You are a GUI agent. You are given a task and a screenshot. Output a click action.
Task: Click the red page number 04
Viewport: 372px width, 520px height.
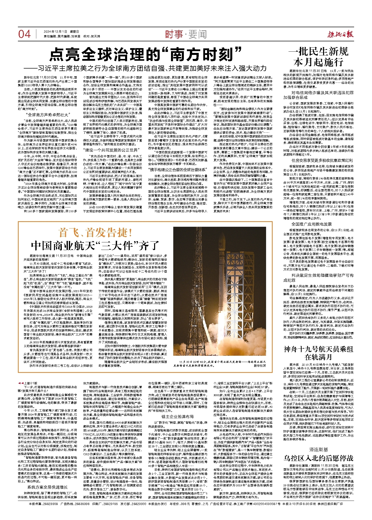24,34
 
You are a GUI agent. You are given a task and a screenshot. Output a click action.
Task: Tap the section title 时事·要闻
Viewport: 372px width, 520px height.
186,34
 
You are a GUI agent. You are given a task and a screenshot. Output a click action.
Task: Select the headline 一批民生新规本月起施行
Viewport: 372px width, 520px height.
318,57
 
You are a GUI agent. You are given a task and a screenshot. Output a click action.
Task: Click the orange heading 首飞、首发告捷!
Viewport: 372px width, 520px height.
95,233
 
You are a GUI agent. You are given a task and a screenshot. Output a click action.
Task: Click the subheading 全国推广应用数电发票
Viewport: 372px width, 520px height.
311,224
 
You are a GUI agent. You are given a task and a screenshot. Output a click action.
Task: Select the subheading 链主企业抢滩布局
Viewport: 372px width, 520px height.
178,416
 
